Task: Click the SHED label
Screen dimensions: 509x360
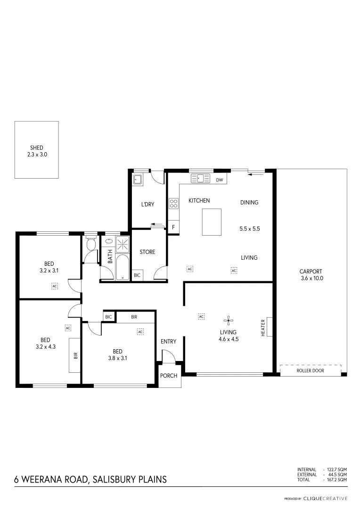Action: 36,148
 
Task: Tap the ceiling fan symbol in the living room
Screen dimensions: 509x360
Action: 229,321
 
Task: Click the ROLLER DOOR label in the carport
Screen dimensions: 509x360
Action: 310,371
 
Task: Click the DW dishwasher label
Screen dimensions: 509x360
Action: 219,180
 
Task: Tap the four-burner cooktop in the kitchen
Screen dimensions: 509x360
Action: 174,204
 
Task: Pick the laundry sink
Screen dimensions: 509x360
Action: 138,179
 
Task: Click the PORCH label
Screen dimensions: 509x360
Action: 169,376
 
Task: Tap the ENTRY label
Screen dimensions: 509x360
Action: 168,342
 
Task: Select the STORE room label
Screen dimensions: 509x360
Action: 147,252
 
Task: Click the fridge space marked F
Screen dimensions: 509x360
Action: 173,228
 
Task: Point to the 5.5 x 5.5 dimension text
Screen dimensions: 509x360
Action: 250,229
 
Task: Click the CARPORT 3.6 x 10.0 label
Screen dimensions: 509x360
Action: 311,275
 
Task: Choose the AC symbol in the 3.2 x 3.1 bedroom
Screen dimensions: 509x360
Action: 55,286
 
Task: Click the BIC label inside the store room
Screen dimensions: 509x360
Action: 137,275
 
